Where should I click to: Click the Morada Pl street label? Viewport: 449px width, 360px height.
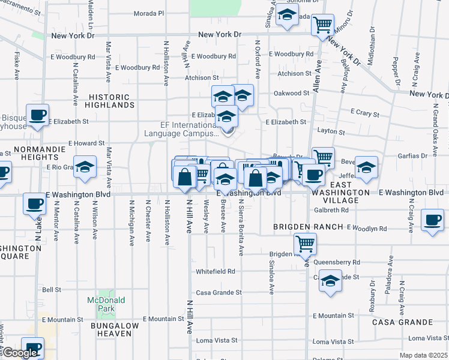[x=148, y=13]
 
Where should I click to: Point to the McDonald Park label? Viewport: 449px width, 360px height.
[x=106, y=304]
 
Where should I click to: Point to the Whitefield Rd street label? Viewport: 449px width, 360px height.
[x=215, y=271]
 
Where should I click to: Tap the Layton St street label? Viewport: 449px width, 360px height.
[x=331, y=131]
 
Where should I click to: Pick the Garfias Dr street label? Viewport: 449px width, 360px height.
[x=412, y=155]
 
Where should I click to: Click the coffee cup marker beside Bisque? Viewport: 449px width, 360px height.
[x=37, y=115]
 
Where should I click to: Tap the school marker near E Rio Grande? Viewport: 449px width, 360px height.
[x=85, y=167]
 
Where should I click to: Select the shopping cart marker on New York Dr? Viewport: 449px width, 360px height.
[x=323, y=25]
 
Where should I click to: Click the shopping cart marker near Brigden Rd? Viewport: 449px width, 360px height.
[x=306, y=244]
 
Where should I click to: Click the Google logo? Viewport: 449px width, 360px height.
[x=20, y=353]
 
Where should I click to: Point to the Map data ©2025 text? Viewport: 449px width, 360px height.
[x=423, y=355]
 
